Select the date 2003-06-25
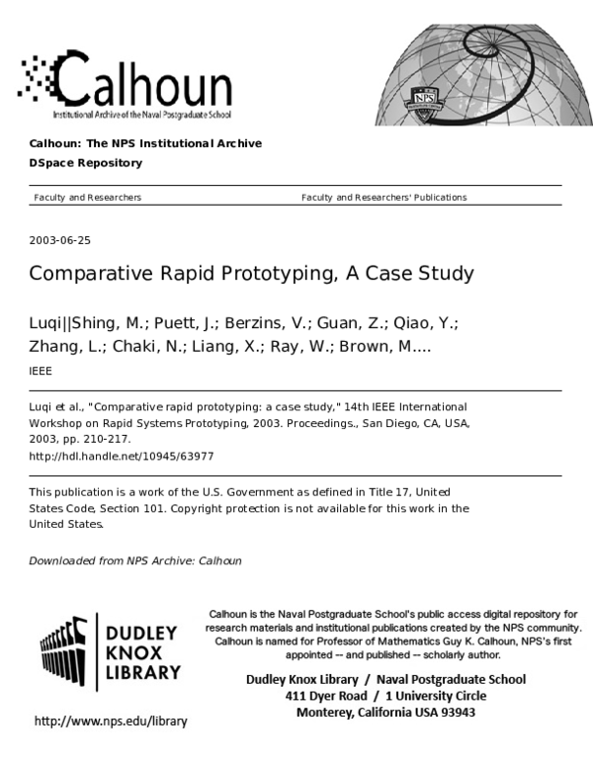click(60, 240)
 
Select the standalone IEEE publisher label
click(41, 371)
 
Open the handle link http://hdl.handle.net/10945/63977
click(122, 457)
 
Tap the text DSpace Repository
click(85, 163)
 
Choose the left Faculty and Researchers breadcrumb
click(87, 198)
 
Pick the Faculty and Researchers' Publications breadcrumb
click(383, 198)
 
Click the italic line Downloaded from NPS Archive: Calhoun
click(135, 560)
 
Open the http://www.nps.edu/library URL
click(110, 722)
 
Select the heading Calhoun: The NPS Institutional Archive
click(145, 143)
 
